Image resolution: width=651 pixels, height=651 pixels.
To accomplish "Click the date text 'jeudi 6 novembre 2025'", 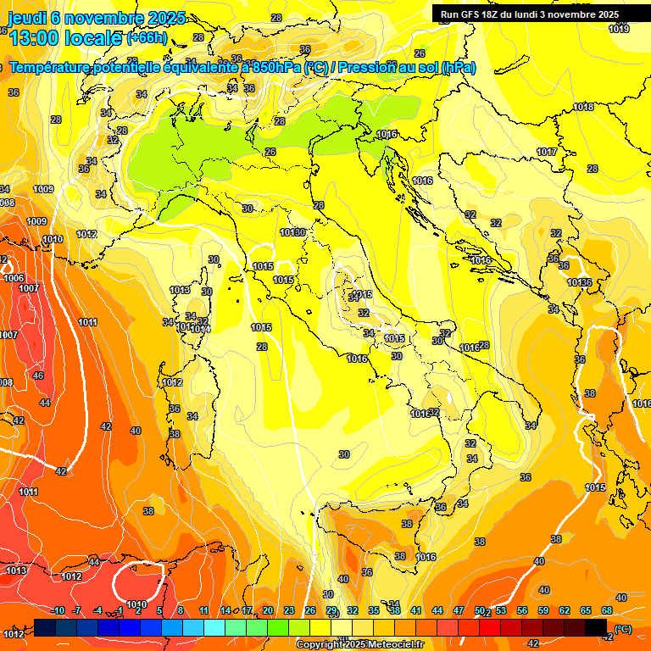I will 97,18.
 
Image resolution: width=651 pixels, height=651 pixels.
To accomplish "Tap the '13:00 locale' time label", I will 66,38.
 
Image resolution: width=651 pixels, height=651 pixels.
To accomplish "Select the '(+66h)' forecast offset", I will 147,38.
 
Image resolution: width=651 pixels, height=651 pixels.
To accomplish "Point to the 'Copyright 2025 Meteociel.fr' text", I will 359,644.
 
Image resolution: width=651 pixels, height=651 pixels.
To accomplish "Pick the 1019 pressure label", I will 619,30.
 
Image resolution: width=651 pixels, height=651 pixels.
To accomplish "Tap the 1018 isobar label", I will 583,107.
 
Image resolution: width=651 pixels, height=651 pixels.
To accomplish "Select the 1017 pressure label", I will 547,153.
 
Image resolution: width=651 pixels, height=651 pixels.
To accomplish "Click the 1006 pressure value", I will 14,278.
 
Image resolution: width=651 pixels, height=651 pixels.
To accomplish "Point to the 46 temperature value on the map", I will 38,375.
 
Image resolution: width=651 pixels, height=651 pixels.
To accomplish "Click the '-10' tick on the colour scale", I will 58,610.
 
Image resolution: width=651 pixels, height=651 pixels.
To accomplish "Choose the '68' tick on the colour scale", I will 607,610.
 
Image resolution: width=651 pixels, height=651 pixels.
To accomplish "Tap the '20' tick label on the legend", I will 268,610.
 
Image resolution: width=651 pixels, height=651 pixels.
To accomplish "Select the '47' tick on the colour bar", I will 459,610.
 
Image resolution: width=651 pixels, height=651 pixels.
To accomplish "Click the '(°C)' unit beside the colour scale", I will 623,629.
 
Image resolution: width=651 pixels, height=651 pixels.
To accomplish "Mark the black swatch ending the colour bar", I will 596,627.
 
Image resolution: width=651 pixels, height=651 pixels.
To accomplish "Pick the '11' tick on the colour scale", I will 204,610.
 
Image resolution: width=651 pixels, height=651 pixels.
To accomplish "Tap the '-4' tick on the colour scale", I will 98,610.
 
